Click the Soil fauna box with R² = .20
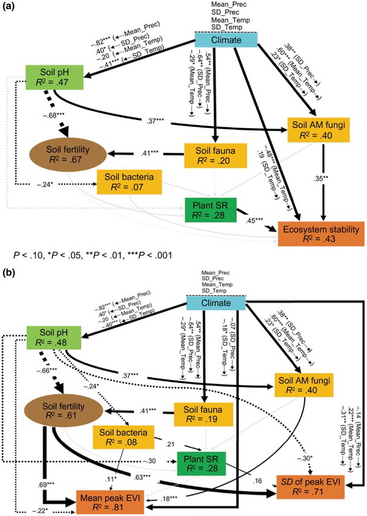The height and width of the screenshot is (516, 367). [208, 154]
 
